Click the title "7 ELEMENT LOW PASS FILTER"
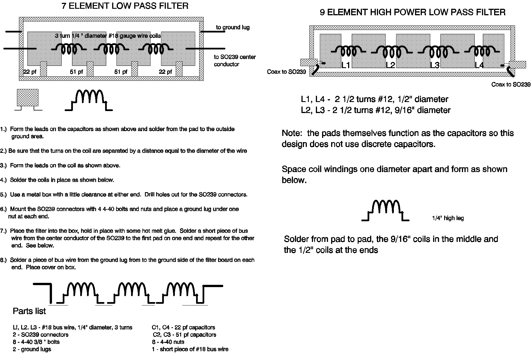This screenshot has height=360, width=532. point(125,6)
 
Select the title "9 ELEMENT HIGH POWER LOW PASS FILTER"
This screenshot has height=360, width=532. point(412,12)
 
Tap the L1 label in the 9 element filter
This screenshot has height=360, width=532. point(346,65)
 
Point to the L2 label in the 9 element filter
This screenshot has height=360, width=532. point(390,65)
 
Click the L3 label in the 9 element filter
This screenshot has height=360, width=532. point(435,65)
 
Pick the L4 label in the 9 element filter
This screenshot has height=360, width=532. point(479,65)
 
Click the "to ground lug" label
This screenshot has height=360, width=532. point(233,27)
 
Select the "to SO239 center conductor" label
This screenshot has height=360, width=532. point(234,60)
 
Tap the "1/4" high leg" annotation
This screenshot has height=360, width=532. point(448,218)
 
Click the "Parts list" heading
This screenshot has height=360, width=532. point(29,311)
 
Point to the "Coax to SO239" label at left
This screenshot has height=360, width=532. point(286,72)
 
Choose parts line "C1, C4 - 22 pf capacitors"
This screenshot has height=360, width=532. point(183,328)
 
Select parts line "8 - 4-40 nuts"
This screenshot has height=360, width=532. point(168,342)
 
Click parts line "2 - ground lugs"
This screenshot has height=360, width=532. point(32,349)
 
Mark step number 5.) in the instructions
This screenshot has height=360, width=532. point(3,195)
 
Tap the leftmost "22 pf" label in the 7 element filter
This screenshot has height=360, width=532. point(30,72)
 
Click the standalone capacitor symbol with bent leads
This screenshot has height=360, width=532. point(28,98)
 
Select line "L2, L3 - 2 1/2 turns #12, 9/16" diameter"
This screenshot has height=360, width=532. point(375,110)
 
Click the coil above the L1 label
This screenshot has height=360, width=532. point(348,51)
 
